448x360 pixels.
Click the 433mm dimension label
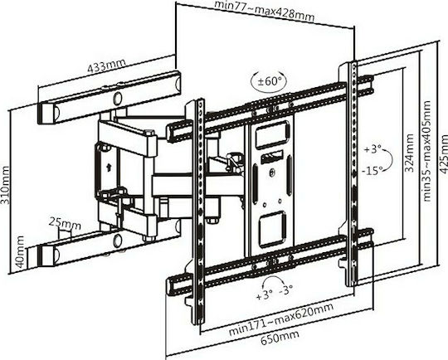pos(106,66)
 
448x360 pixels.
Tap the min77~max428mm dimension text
pos(265,11)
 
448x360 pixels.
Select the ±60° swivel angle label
pos(268,81)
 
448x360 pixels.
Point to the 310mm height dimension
pos(5,185)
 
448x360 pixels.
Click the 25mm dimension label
pos(64,223)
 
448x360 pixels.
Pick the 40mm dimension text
pos(21,251)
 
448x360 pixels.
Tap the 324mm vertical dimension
pos(410,153)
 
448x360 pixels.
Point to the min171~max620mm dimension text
pos(281,319)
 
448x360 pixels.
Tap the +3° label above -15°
pos(373,149)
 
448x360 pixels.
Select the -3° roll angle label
pos(286,290)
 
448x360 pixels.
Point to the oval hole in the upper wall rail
pos(118,98)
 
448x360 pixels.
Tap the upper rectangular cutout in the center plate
pos(272,135)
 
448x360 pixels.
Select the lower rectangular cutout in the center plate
pos(273,226)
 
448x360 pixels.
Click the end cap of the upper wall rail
pos(46,113)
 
